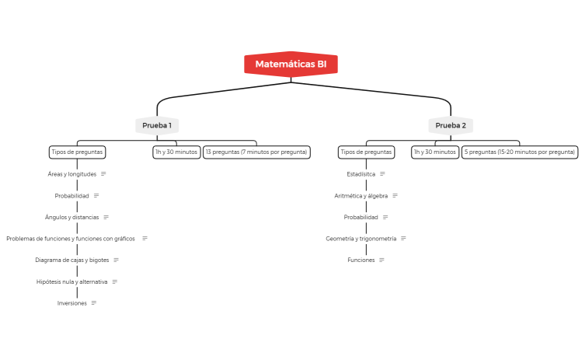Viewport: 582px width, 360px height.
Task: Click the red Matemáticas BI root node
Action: click(x=291, y=64)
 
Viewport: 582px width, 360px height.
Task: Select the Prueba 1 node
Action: click(x=157, y=126)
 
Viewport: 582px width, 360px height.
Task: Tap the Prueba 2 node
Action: click(x=451, y=126)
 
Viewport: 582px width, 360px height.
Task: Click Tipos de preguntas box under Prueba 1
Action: click(x=77, y=152)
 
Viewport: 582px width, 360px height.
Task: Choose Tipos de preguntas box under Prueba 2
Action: click(x=366, y=152)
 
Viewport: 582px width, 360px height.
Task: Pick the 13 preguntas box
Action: click(x=256, y=152)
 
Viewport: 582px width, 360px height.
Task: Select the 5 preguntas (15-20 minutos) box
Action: click(x=520, y=152)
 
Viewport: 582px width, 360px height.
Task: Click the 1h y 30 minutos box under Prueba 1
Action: click(x=176, y=152)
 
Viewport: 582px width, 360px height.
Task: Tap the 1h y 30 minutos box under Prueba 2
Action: click(x=435, y=152)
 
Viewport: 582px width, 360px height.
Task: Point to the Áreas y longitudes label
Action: click(x=72, y=174)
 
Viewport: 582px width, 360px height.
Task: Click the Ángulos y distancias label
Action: click(x=72, y=217)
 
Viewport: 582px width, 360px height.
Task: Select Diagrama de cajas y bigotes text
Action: click(x=72, y=260)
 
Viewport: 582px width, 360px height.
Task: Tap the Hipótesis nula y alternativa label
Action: click(x=72, y=281)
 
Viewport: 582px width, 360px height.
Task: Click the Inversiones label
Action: click(x=72, y=303)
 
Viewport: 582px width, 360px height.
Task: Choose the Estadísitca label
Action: click(x=361, y=174)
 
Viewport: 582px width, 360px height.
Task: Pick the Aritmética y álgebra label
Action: click(x=361, y=196)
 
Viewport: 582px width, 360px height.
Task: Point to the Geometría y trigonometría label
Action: click(x=361, y=239)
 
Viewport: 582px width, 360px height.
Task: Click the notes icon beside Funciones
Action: click(x=382, y=260)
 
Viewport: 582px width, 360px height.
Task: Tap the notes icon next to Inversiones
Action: click(x=94, y=303)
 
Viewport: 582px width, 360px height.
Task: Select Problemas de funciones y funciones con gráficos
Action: click(x=71, y=239)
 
